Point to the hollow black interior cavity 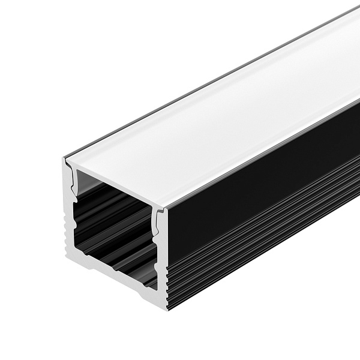pyautogui.click(x=114, y=222)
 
